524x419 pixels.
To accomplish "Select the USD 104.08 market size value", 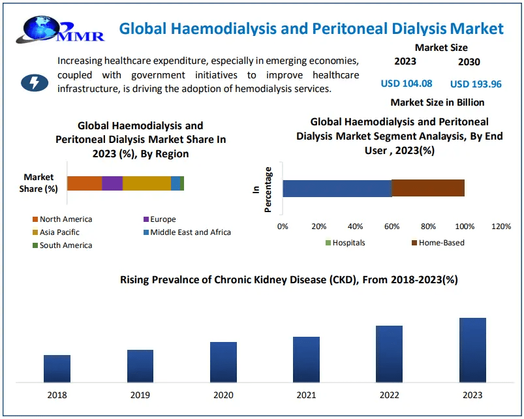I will (x=406, y=84).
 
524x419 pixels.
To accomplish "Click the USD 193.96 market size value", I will (x=476, y=84).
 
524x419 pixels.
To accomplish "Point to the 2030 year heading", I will (x=469, y=62).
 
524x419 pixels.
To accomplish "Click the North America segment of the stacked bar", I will (x=84, y=183).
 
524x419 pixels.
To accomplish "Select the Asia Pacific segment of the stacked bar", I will (x=147, y=183).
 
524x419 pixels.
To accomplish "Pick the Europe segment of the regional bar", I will (x=112, y=183).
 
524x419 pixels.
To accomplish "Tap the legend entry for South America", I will (x=65, y=245).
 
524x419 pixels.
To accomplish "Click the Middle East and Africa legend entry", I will (x=190, y=232).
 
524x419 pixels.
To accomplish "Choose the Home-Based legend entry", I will (x=441, y=243).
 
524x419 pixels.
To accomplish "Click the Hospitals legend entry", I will (x=348, y=243).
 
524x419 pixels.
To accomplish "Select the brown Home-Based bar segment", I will (x=428, y=188).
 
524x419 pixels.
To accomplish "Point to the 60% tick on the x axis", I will (x=392, y=226).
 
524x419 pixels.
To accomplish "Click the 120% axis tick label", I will (x=501, y=226).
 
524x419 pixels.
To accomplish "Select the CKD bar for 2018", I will (x=57, y=369).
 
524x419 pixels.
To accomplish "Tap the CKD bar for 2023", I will (x=472, y=350).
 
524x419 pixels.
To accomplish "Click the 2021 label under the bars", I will (x=306, y=396).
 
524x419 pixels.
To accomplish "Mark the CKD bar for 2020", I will (x=223, y=362).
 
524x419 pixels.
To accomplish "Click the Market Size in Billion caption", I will (x=437, y=102).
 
